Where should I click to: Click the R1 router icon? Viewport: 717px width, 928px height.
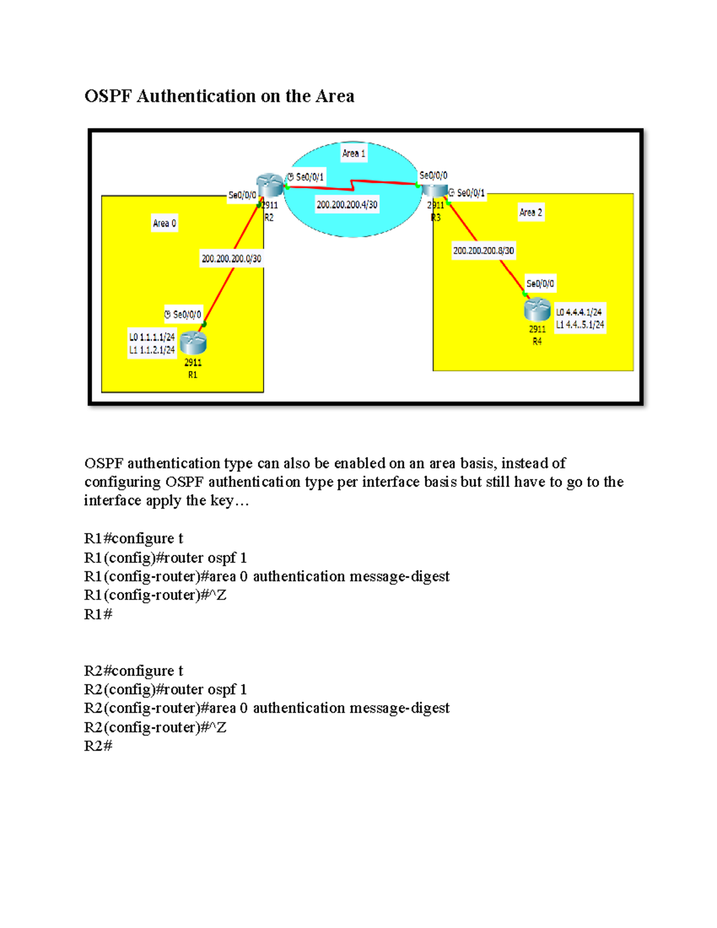(193, 342)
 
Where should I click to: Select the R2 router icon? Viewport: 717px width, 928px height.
(269, 185)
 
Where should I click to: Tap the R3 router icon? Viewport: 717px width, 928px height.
(434, 191)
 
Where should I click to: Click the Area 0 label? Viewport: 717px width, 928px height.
(164, 223)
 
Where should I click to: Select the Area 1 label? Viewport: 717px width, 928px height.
(353, 154)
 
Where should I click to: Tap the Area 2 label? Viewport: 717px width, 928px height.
(531, 212)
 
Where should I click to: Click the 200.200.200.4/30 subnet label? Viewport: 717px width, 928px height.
(347, 204)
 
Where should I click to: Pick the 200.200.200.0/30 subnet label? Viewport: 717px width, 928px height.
(231, 259)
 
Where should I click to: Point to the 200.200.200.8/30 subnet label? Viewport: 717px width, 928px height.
(483, 251)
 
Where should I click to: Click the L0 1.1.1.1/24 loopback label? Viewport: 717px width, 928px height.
(152, 337)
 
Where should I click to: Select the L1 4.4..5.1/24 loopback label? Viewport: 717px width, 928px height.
(580, 325)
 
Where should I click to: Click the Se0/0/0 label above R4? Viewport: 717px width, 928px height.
(540, 284)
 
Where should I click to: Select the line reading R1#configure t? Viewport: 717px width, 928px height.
(133, 538)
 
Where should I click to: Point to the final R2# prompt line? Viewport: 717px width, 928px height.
(98, 746)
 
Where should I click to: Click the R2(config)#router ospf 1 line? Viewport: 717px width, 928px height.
(166, 690)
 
